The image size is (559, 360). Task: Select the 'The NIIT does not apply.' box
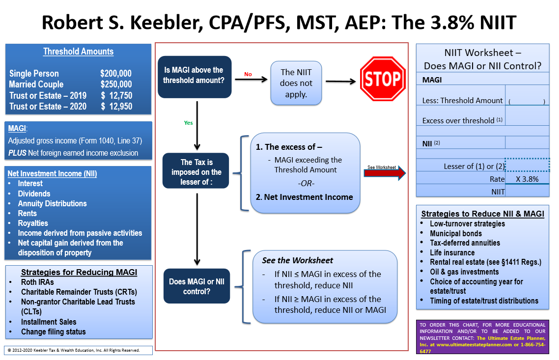296,83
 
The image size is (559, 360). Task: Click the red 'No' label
248,74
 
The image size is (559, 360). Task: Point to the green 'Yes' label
188,123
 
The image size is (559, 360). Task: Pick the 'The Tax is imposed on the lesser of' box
196,171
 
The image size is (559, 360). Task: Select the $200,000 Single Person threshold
116,74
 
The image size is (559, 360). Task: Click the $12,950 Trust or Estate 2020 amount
116,106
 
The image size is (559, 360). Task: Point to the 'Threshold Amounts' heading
78,52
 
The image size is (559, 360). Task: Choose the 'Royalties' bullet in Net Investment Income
33,223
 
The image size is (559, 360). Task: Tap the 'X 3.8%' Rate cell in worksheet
527,179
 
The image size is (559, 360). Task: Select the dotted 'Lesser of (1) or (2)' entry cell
527,165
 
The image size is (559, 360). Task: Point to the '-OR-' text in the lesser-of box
306,183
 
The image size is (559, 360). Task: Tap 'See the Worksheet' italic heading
297,260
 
